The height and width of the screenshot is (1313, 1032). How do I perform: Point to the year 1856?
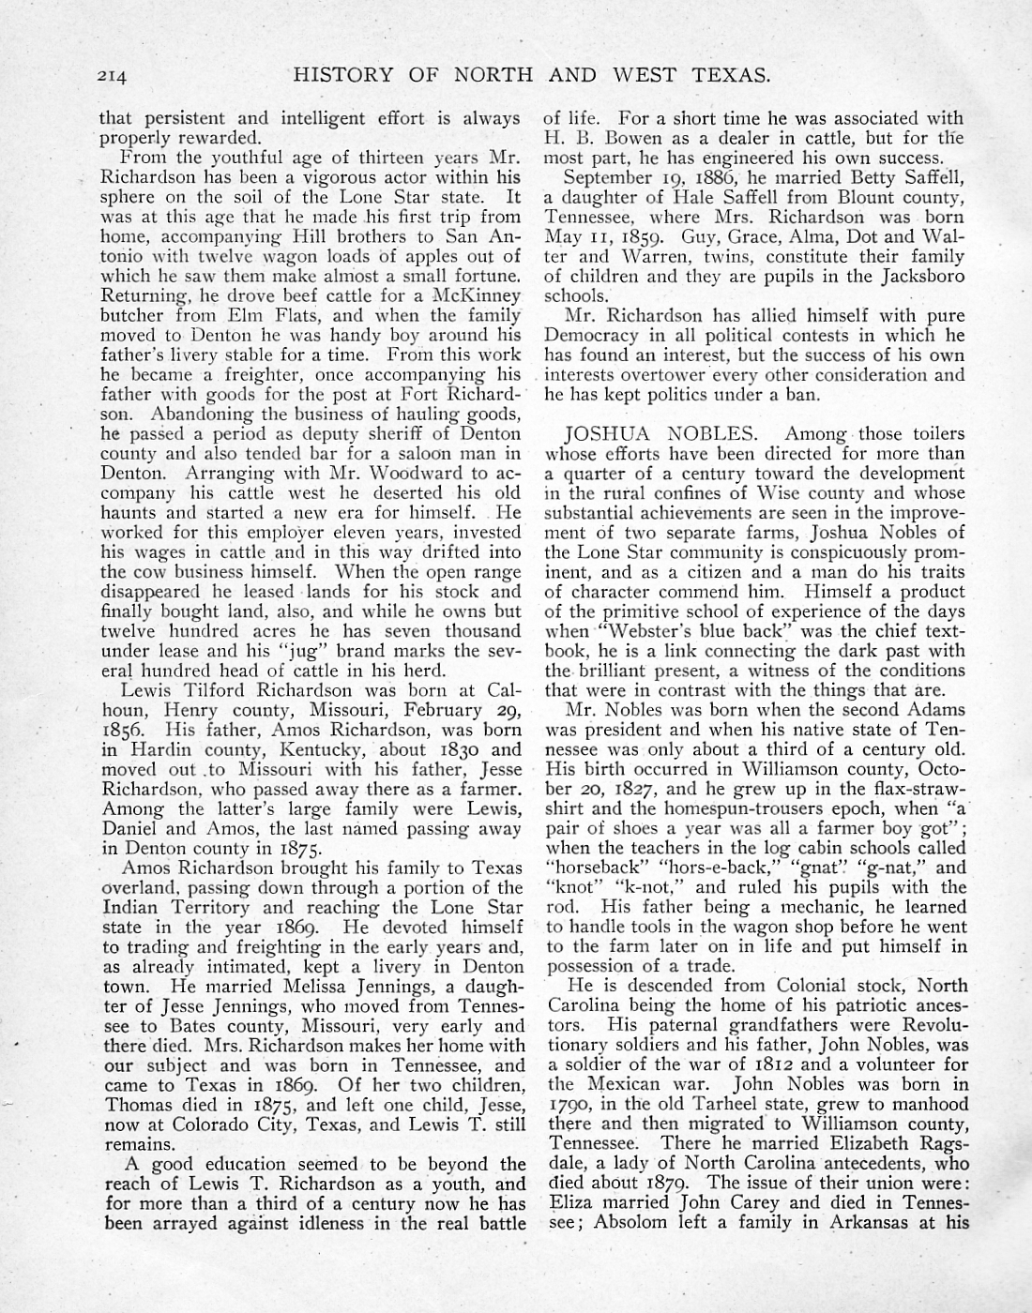(127, 728)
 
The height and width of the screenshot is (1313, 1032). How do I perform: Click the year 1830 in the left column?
(453, 748)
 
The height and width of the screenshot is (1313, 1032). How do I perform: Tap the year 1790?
(569, 1105)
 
